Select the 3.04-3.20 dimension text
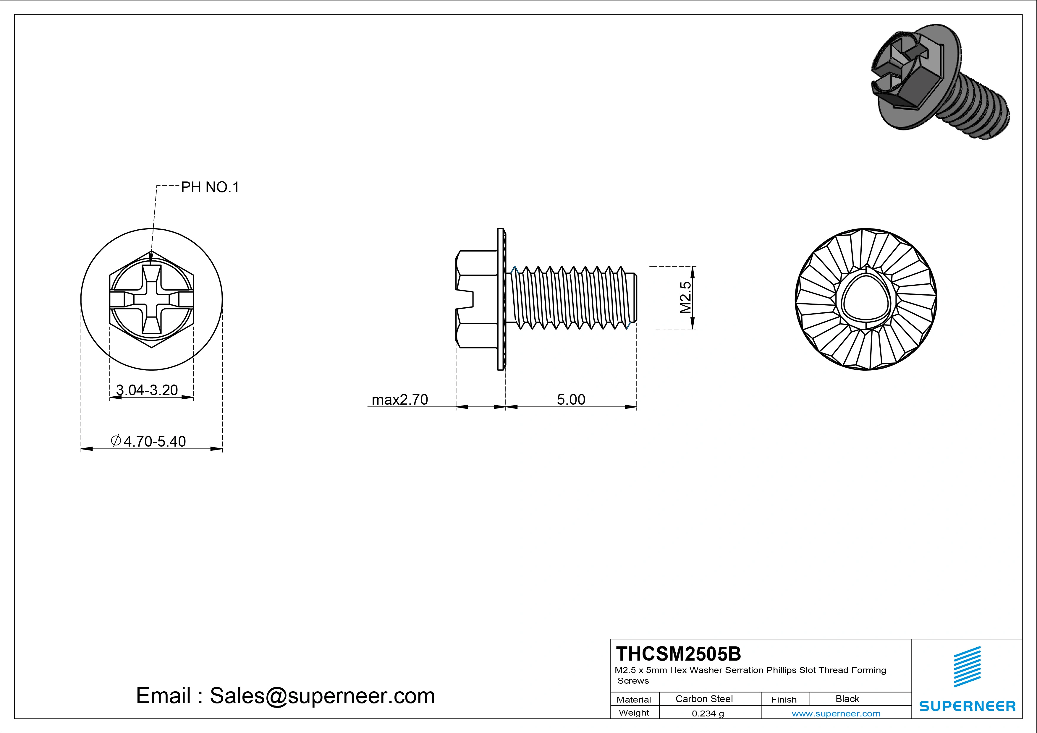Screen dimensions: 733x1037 coord(147,390)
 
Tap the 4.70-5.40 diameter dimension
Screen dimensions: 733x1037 coord(149,441)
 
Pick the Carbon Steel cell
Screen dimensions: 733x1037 coord(704,699)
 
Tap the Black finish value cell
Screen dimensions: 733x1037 coord(847,699)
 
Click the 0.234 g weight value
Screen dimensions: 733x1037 coord(708,713)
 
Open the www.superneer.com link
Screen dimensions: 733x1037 coord(836,713)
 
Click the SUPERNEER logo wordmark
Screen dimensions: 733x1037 coord(967,706)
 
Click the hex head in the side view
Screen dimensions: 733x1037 coord(476,299)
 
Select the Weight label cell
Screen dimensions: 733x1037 coord(634,713)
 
